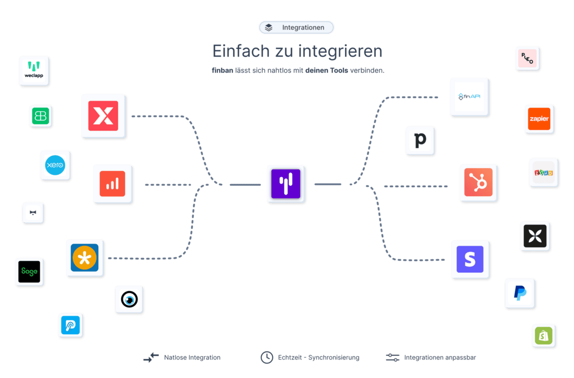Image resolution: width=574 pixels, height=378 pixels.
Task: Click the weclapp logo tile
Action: coord(34,71)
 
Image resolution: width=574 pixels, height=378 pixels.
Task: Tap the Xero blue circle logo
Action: coord(55,165)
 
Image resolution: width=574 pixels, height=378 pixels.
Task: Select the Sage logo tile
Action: coord(30,272)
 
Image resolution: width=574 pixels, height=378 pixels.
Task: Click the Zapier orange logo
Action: coord(540,119)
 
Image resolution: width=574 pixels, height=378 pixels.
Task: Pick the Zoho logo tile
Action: coord(544,172)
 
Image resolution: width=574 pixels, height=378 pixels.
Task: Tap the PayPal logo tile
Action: coord(520,294)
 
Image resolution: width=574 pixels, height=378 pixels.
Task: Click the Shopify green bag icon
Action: coord(544,336)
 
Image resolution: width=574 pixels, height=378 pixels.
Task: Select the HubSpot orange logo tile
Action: coord(478,183)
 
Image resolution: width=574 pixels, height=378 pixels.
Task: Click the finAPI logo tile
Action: coord(469,97)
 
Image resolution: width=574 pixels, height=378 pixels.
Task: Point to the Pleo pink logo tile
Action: coord(528,59)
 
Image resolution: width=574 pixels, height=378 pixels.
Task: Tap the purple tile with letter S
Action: coord(470,259)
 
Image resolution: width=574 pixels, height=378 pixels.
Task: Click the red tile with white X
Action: coord(104,116)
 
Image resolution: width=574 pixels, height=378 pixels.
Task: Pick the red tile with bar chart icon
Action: coord(113,184)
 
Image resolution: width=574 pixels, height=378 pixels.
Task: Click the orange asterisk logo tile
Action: coord(85,258)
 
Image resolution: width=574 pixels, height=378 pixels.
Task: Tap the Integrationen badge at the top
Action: coord(296,27)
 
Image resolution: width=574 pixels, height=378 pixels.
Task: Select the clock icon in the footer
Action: coord(267,357)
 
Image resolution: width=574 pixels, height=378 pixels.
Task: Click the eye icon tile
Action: coord(130,299)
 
